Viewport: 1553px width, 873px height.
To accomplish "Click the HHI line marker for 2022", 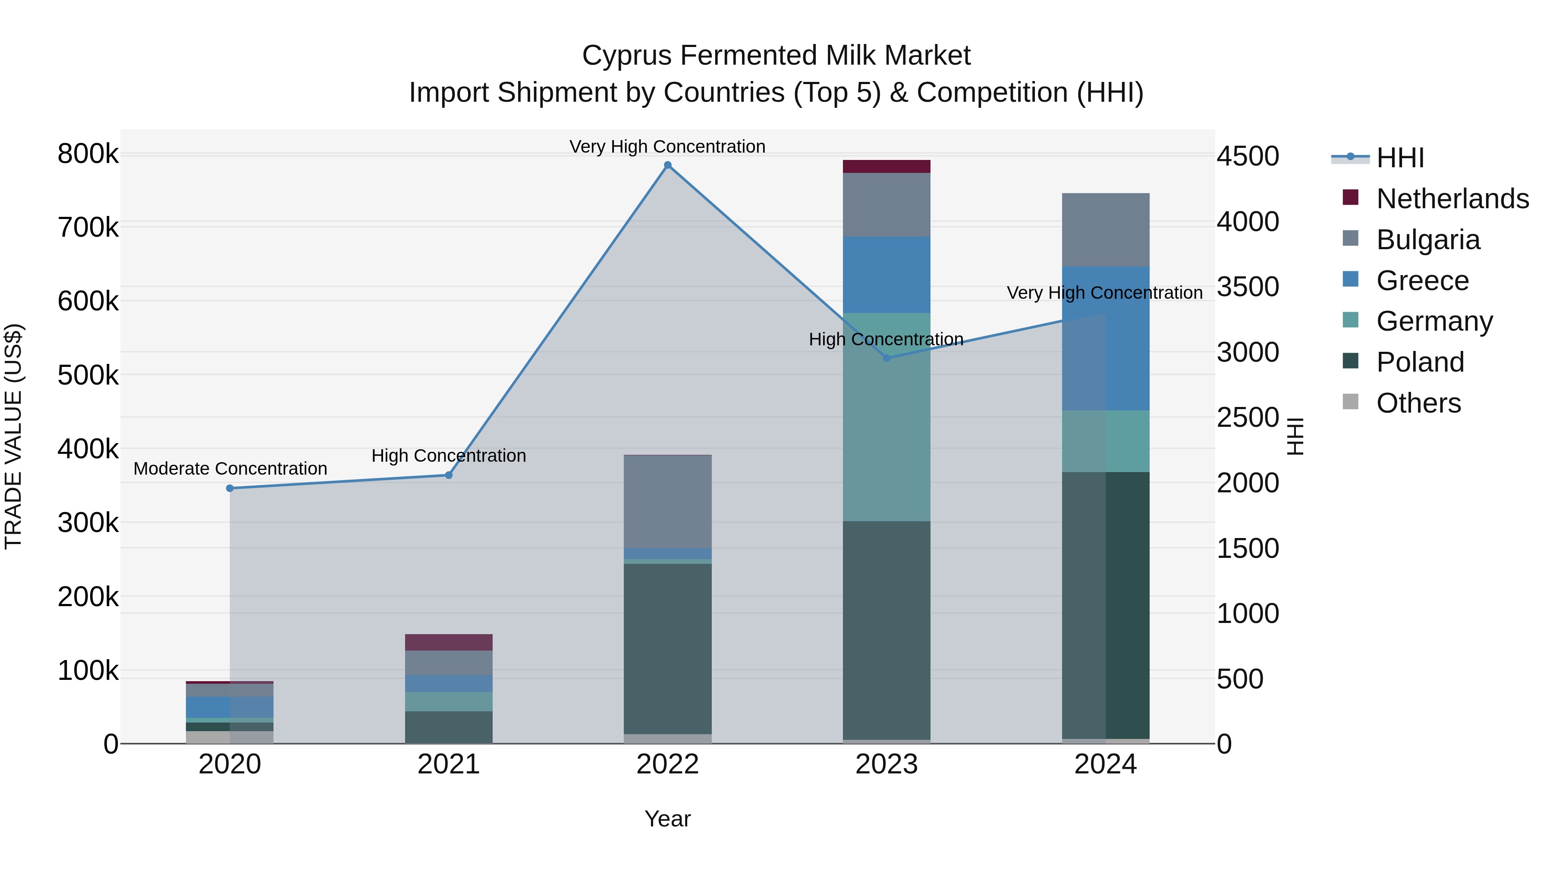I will click(667, 165).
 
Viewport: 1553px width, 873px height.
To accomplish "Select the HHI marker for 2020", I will click(229, 488).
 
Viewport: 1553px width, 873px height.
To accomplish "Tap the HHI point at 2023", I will click(886, 358).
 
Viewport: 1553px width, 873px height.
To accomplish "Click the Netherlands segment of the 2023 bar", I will click(886, 166).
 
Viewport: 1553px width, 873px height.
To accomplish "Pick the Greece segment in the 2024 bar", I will click(1105, 338).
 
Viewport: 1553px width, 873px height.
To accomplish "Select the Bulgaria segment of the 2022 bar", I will click(667, 501).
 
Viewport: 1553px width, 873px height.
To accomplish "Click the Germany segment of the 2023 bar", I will click(886, 417).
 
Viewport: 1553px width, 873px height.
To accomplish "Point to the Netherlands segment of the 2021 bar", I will click(449, 642).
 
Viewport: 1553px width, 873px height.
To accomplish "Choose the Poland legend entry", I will click(1419, 362).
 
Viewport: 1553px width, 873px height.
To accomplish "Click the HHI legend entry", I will click(1400, 158).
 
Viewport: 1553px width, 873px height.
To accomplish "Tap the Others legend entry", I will click(1418, 403).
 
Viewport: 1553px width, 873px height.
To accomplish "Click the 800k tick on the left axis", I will click(88, 154).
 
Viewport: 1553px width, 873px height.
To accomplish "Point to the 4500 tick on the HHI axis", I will click(1247, 156).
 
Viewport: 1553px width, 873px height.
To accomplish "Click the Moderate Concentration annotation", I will click(229, 469).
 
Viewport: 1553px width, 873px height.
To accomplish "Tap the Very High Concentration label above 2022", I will click(667, 147).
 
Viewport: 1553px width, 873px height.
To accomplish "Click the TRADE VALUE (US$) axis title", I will click(13, 436).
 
